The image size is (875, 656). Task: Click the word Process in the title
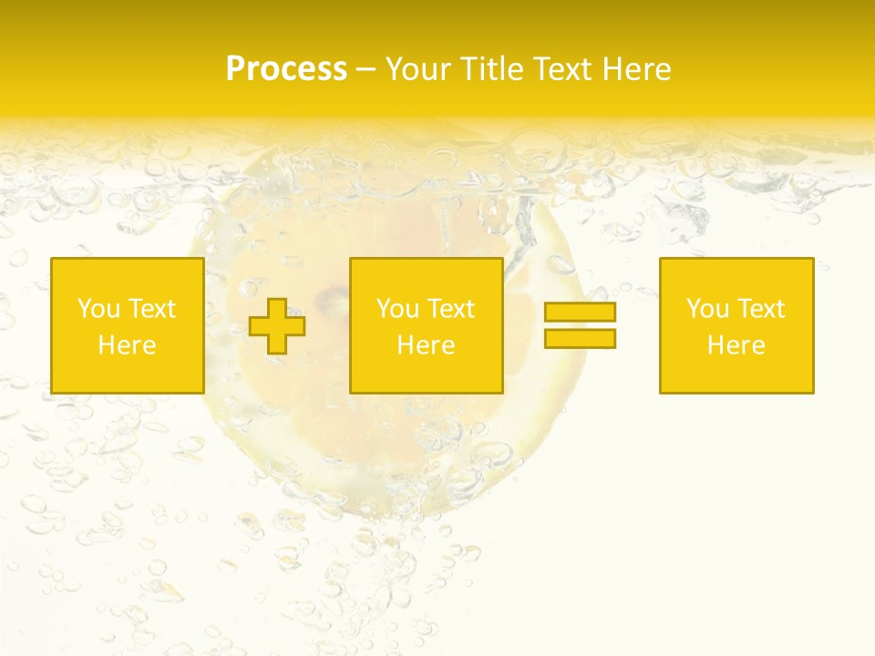pyautogui.click(x=286, y=69)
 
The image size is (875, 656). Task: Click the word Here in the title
pyautogui.click(x=637, y=69)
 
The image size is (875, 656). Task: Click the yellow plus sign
pyautogui.click(x=278, y=326)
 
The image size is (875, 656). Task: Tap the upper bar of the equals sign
pyautogui.click(x=580, y=313)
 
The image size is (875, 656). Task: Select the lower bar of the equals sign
pyautogui.click(x=580, y=339)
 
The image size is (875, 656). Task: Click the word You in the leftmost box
pyautogui.click(x=98, y=309)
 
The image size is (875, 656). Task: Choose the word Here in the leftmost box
pyautogui.click(x=127, y=345)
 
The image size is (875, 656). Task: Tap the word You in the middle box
pyautogui.click(x=397, y=309)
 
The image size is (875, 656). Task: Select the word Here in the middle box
pyautogui.click(x=426, y=345)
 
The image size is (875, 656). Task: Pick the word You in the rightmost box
pyautogui.click(x=707, y=309)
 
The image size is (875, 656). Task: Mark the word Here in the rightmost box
pyautogui.click(x=736, y=345)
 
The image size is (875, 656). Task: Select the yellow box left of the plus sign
pyautogui.click(x=127, y=374)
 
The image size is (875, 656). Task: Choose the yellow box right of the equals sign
pyautogui.click(x=736, y=374)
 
